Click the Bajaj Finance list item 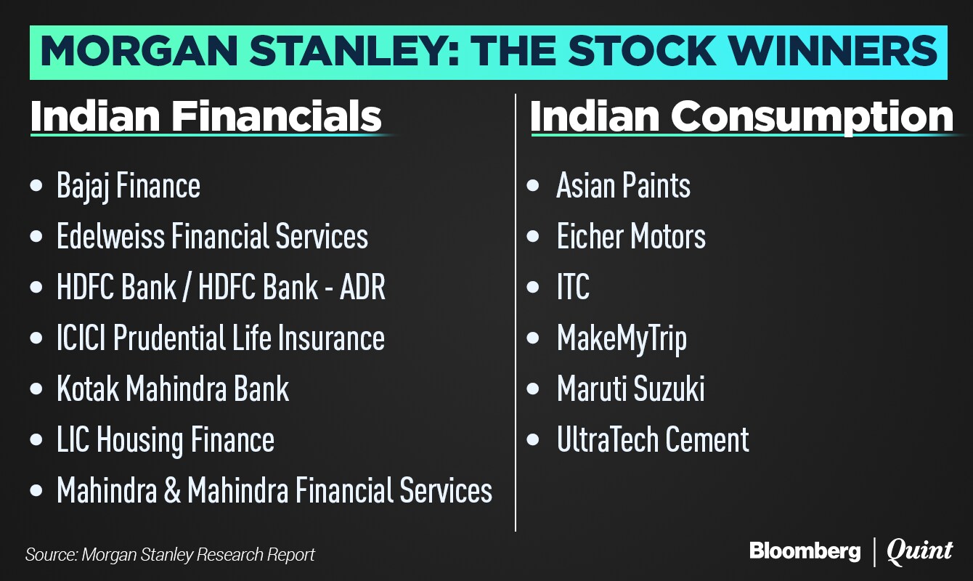(129, 187)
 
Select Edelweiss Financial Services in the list (213, 236)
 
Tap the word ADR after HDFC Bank (362, 287)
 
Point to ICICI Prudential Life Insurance (221, 338)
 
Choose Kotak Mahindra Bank (173, 388)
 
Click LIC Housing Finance (166, 440)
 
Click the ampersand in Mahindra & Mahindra (172, 490)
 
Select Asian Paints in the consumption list (623, 185)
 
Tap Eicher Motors (631, 236)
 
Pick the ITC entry (573, 287)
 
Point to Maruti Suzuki (631, 388)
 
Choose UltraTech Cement (653, 439)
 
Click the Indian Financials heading (206, 116)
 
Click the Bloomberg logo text (805, 551)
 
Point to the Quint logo (919, 552)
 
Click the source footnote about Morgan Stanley (170, 555)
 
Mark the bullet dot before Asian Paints (532, 185)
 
